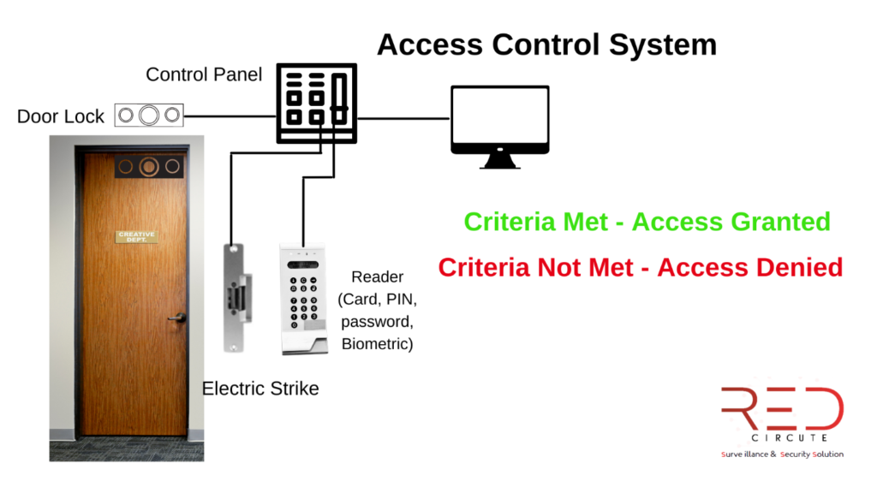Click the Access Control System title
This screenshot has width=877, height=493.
coord(546,44)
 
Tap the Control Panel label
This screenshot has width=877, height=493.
coord(203,74)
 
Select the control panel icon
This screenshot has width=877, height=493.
coord(316,103)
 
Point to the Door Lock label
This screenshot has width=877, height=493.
coord(61,116)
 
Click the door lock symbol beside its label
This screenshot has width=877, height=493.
coord(150,116)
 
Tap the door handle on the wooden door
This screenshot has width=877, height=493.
coord(177,318)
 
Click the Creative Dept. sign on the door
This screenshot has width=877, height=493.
coord(137,236)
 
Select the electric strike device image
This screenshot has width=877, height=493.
coord(235,296)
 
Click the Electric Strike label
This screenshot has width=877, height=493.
coord(260,389)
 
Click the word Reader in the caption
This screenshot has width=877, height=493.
coord(377,277)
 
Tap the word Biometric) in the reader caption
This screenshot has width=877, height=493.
coord(377,344)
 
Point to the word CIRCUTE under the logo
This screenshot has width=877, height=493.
coord(782,437)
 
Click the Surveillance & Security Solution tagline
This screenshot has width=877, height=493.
coord(781,454)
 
